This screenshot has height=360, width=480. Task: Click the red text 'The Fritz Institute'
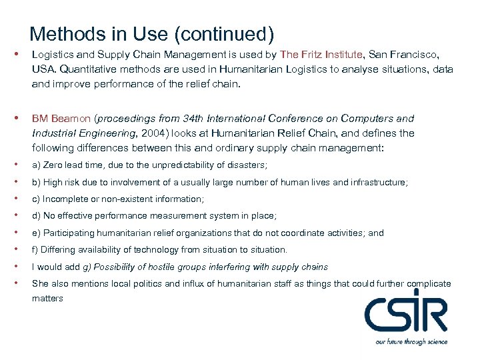tap(322, 54)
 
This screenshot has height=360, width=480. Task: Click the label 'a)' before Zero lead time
tap(37, 165)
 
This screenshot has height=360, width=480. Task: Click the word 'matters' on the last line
tap(47, 299)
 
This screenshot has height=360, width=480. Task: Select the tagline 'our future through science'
tap(411, 342)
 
